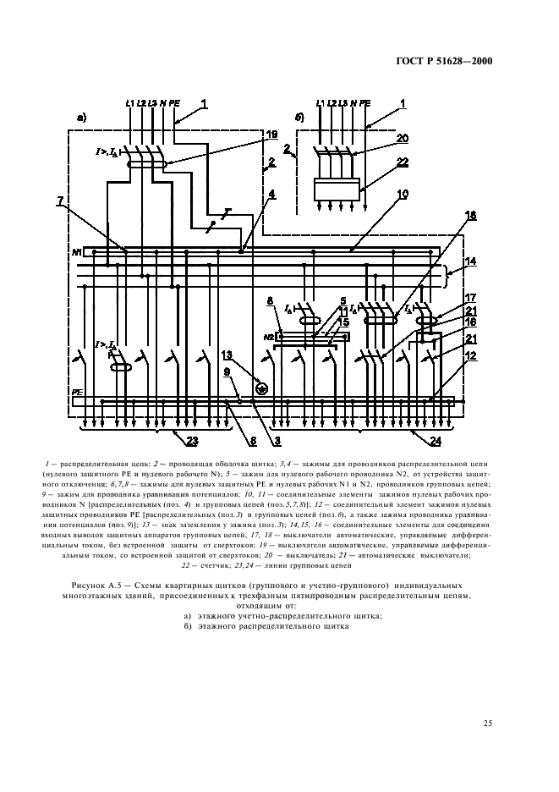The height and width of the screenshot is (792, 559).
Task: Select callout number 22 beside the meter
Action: pos(403,162)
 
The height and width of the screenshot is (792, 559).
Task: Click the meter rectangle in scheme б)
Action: pos(337,189)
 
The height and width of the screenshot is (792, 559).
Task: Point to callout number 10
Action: pos(403,195)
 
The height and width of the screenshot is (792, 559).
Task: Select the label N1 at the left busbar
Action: pos(76,252)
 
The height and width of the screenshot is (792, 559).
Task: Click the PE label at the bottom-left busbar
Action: pos(77,393)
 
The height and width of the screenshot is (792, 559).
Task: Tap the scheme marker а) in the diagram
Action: pos(81,118)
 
